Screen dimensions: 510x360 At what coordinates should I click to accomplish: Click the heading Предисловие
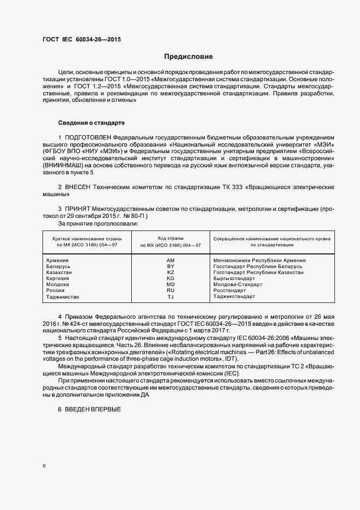click(189, 57)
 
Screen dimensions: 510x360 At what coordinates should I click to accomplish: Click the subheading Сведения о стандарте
click(91, 123)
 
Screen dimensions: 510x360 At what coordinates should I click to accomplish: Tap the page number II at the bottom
click(44, 466)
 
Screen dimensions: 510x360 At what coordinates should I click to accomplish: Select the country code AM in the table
click(170, 260)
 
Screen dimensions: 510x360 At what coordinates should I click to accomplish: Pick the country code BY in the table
click(170, 266)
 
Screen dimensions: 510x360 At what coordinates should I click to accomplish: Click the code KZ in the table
click(170, 272)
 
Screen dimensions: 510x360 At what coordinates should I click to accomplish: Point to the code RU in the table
click(170, 290)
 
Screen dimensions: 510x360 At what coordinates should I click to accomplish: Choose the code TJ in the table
click(170, 297)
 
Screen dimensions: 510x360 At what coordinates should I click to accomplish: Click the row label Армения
click(58, 260)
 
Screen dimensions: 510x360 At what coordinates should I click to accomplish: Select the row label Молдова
click(58, 284)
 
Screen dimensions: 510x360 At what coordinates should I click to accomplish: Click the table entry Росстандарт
click(230, 291)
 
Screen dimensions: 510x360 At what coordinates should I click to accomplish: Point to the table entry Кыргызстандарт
click(235, 278)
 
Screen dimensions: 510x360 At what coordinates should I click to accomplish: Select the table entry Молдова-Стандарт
click(238, 284)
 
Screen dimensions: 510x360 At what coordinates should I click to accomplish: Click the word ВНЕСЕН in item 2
click(80, 187)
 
